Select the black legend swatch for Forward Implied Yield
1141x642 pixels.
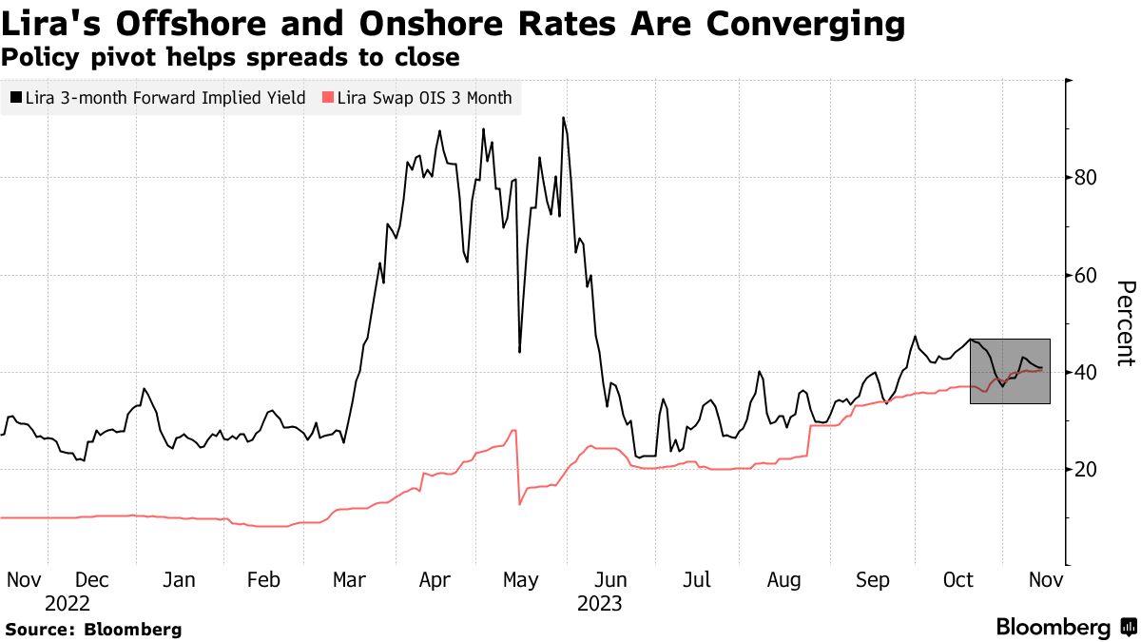point(15,97)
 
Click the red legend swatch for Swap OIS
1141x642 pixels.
point(328,97)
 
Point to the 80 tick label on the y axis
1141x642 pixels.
point(1087,178)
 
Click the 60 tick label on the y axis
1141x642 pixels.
point(1087,276)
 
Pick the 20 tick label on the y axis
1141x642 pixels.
point(1087,469)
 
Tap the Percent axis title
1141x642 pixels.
point(1126,323)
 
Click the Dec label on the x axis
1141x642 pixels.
point(92,580)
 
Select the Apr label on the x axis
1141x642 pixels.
point(435,580)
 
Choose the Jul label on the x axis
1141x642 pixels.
point(698,580)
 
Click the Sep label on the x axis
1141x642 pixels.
point(873,580)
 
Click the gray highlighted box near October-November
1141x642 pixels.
point(1010,371)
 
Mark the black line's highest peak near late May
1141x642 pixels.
point(563,118)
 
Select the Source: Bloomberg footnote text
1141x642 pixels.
point(93,629)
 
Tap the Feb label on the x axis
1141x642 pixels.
point(264,580)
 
